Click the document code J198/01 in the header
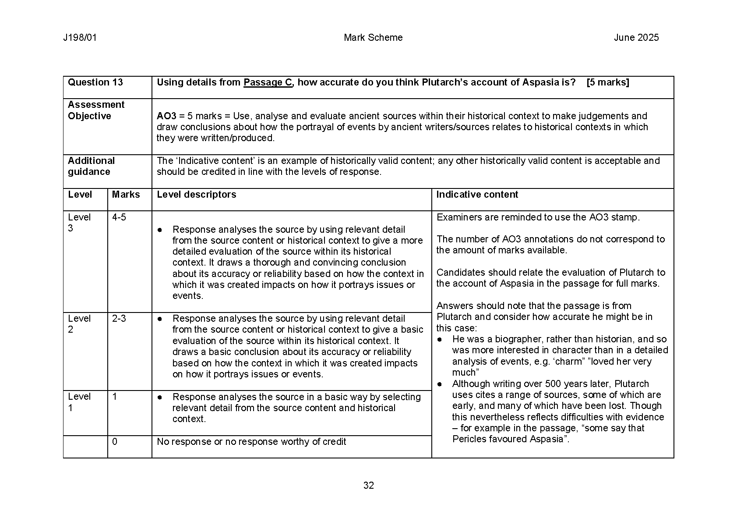[x=80, y=38]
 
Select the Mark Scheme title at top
[x=373, y=38]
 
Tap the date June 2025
[x=636, y=38]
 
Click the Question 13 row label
[x=95, y=82]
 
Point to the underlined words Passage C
[x=268, y=82]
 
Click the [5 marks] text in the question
[x=607, y=82]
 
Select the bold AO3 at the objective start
[x=166, y=116]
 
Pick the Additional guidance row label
[x=91, y=166]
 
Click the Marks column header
[x=126, y=195]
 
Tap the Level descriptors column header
[x=196, y=195]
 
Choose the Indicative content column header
[x=477, y=195]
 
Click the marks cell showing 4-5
[x=119, y=217]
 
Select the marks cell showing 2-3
[x=119, y=319]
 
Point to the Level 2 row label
[x=79, y=324]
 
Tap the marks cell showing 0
[x=115, y=442]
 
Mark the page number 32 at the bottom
[x=368, y=486]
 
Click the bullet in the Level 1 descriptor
[x=160, y=397]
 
